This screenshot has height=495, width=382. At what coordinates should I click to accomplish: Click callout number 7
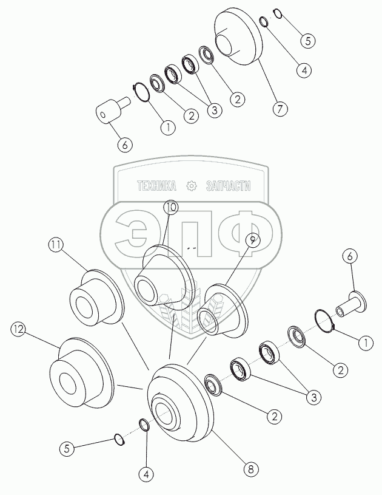[280, 110]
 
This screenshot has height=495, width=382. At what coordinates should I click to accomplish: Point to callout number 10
[170, 207]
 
